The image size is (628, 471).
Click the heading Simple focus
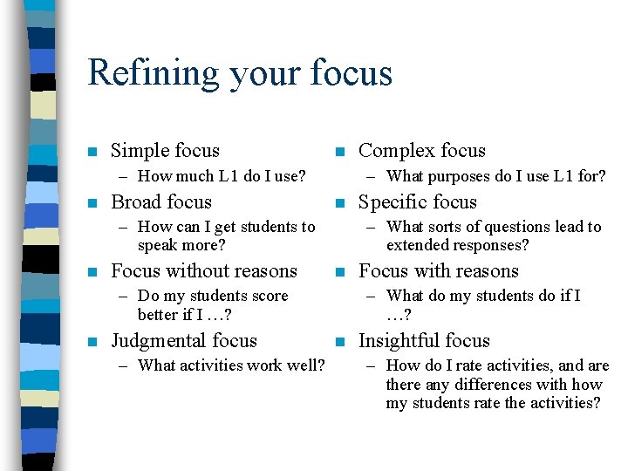[x=165, y=151]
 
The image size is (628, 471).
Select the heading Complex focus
[x=422, y=151]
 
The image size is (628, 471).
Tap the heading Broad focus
[x=161, y=202]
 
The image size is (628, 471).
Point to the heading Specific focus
[x=418, y=202]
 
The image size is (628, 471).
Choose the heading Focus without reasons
[x=204, y=271]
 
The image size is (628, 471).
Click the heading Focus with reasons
[x=439, y=271]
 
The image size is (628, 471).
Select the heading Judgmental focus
[x=184, y=341]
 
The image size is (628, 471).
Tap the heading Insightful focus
[x=425, y=341]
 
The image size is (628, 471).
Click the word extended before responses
[x=416, y=245]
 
